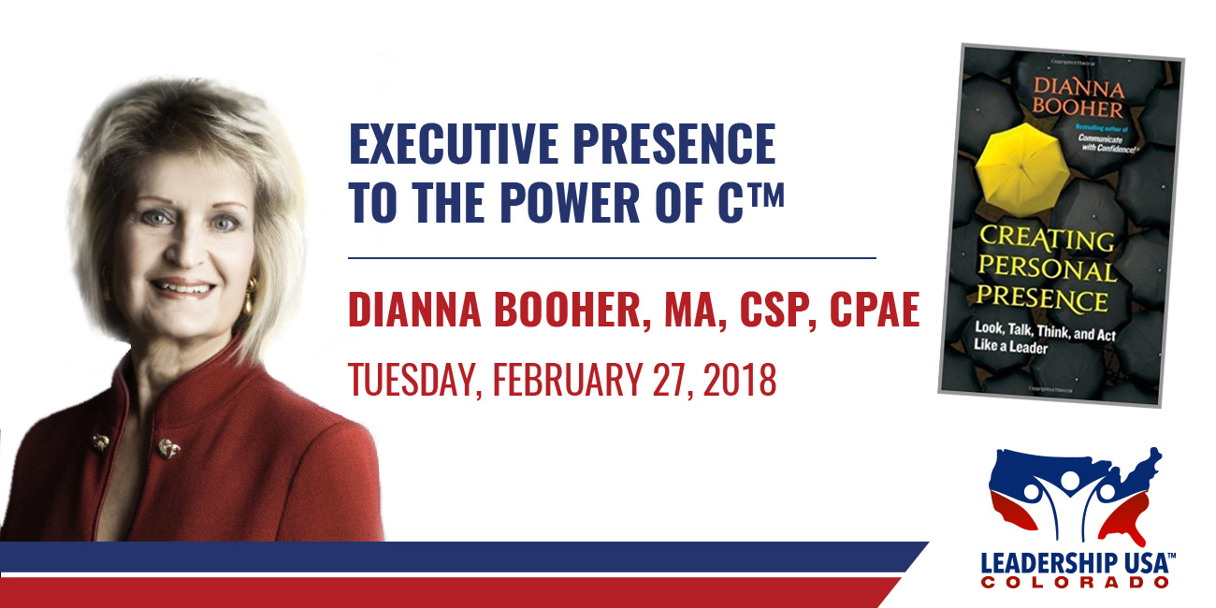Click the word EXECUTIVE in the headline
point(454,143)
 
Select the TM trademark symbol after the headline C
point(766,195)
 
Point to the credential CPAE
point(875,309)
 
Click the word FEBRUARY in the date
point(568,380)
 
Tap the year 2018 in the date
point(740,380)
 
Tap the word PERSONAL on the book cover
point(1047,268)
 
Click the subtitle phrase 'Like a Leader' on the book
point(1010,346)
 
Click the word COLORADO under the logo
point(1075,583)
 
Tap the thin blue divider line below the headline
point(612,258)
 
